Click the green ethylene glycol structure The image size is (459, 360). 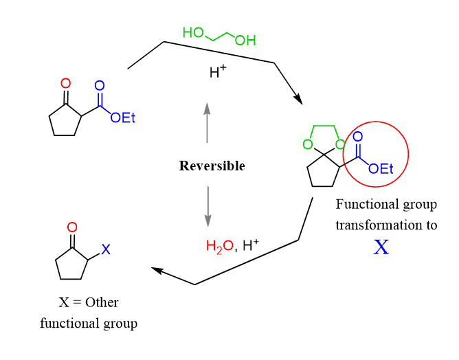tap(219, 36)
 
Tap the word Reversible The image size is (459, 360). tap(212, 166)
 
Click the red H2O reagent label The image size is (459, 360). tap(219, 245)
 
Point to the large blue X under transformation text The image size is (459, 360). tap(381, 247)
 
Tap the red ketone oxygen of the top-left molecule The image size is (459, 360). tap(65, 84)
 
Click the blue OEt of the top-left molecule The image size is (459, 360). tap(123, 118)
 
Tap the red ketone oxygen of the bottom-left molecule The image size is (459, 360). tap(72, 227)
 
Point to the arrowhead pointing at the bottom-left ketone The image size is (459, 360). tap(156, 271)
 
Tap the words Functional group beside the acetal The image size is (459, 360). tap(385, 204)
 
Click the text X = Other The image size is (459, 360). tap(89, 302)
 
